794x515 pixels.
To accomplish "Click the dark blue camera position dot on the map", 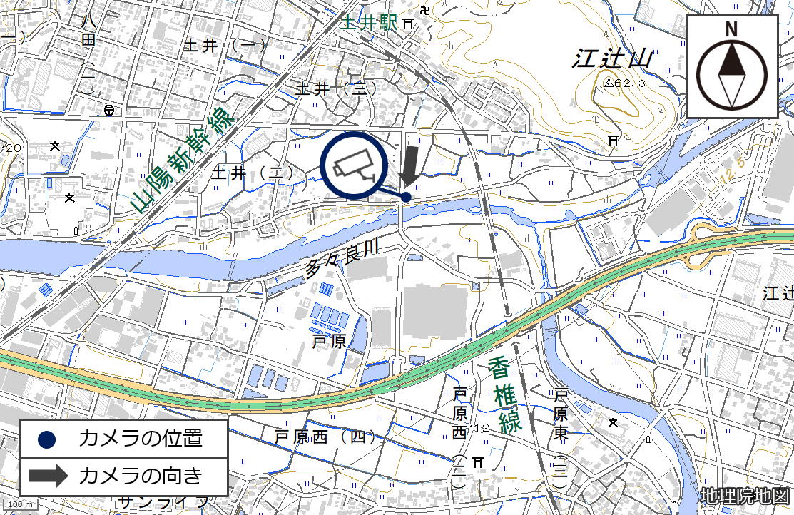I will (x=406, y=196).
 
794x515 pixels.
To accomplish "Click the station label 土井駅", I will (x=368, y=23).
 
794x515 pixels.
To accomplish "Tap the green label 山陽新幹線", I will (x=183, y=160).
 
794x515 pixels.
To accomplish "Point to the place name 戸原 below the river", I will (x=329, y=342).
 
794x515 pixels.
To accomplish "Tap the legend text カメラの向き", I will (x=141, y=475).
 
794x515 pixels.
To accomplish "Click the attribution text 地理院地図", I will (x=745, y=496).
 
